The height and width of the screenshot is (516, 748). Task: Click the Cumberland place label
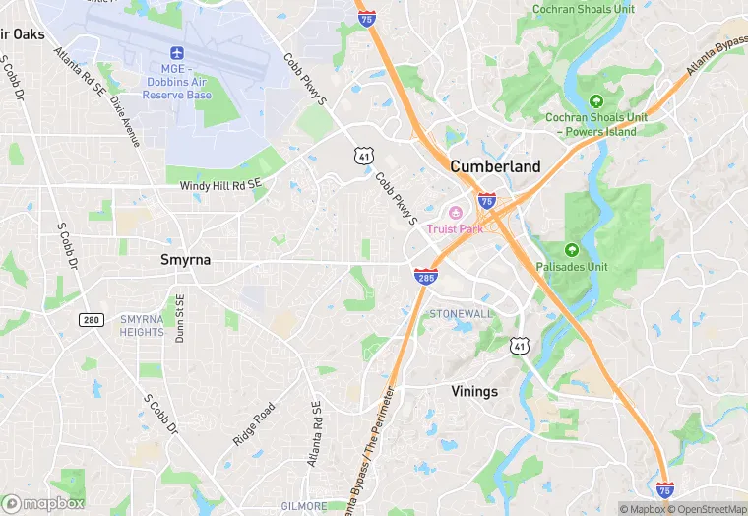(x=495, y=166)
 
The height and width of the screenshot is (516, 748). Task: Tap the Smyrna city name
(x=186, y=260)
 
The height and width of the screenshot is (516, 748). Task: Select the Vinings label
(x=474, y=391)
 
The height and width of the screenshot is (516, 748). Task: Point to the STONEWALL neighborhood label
(x=460, y=313)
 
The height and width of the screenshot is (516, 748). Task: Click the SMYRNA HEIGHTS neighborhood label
(x=142, y=326)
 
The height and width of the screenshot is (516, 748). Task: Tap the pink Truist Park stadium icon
(x=455, y=214)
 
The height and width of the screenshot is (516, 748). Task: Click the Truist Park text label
(x=455, y=229)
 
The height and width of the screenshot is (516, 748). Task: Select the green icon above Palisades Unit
(x=572, y=250)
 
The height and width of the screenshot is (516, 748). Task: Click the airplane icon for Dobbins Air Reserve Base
(x=177, y=51)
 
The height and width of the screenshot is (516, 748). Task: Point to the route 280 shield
(x=92, y=320)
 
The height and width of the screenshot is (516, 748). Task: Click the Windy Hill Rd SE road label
(x=221, y=185)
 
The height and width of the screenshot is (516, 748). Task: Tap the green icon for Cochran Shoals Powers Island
(x=595, y=100)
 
